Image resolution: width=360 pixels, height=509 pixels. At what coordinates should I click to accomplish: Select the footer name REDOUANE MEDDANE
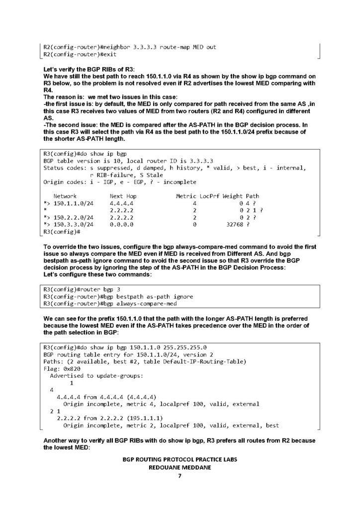tap(180, 468)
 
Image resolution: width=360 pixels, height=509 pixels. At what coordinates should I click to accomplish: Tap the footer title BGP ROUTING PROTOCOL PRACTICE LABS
tap(180, 460)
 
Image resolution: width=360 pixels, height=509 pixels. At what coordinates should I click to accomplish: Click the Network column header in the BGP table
tap(65, 196)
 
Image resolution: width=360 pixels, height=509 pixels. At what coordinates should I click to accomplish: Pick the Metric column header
tap(186, 196)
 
